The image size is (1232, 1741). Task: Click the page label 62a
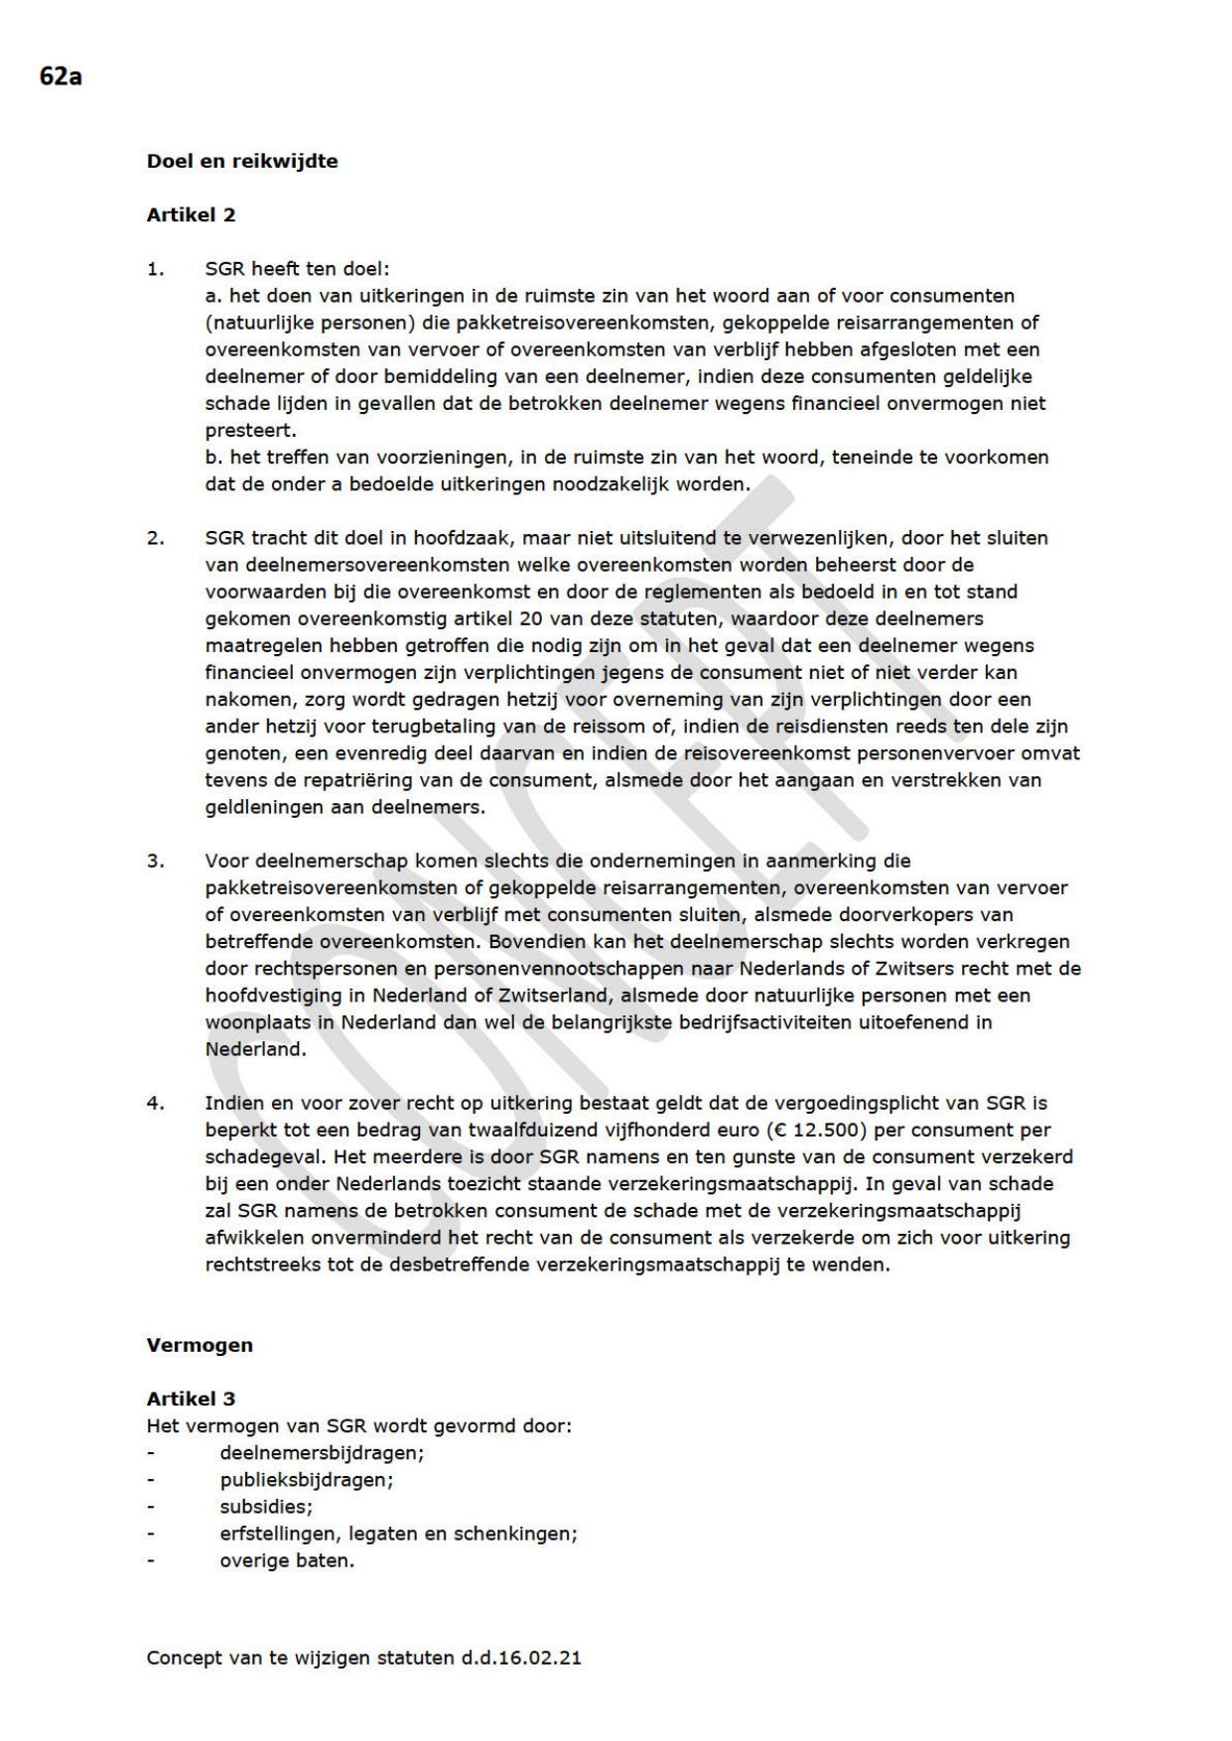point(61,76)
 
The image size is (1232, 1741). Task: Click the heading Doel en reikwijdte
point(242,161)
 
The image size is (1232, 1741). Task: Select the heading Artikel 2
point(191,215)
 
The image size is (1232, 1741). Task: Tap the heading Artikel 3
point(191,1399)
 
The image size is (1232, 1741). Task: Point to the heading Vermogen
point(200,1345)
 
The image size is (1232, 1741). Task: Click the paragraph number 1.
point(155,269)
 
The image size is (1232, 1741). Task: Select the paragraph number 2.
point(155,538)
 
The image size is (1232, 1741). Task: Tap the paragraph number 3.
point(155,861)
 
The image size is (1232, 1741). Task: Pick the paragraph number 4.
point(155,1103)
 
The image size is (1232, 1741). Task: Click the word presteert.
point(250,431)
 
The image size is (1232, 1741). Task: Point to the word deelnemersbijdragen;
point(322,1453)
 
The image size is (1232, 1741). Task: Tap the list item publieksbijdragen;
point(307,1480)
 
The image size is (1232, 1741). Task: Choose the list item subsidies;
point(266,1507)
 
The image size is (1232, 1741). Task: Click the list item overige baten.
point(287,1560)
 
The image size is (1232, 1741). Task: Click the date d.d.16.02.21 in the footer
point(521,1658)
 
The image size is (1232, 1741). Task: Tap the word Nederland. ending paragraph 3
point(255,1049)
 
